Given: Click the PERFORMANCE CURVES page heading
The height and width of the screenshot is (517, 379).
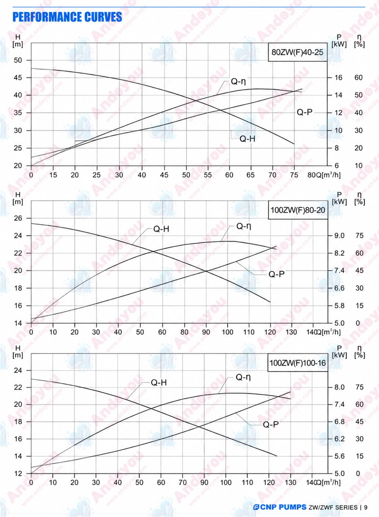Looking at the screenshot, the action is pos(67,17).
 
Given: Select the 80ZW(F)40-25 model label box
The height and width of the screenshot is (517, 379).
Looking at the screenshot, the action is pos(298,52).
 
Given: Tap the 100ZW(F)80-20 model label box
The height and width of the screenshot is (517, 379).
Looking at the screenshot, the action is pos(298,210).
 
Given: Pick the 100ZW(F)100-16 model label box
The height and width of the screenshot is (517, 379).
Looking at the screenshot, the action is pos(298,363).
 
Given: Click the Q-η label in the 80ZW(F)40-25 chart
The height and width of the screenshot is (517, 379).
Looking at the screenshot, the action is pos(238,81).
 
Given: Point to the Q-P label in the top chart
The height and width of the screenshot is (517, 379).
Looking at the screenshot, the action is pos(304,112).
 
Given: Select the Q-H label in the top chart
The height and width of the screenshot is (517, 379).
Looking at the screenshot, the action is pos(247,139).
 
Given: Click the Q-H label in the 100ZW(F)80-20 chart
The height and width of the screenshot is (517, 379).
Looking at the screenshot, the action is pos(161,229).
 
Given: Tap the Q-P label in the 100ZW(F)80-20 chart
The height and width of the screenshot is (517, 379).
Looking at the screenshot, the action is pos(276,274).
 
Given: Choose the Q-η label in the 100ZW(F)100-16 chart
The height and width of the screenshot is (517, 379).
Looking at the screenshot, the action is pos(243,377).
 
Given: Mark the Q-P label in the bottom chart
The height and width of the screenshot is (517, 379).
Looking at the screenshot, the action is pos(271,424).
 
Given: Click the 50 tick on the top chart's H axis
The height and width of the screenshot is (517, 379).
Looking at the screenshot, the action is pos(18,60).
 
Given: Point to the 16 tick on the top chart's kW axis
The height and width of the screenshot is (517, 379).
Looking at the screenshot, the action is pos(338,77).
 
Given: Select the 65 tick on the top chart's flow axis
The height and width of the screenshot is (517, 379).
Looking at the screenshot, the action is pos(251,175).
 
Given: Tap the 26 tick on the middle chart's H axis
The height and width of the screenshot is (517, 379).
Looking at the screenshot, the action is pos(18,218).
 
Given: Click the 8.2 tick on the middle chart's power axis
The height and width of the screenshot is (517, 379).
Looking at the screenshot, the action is pos(339,253).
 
